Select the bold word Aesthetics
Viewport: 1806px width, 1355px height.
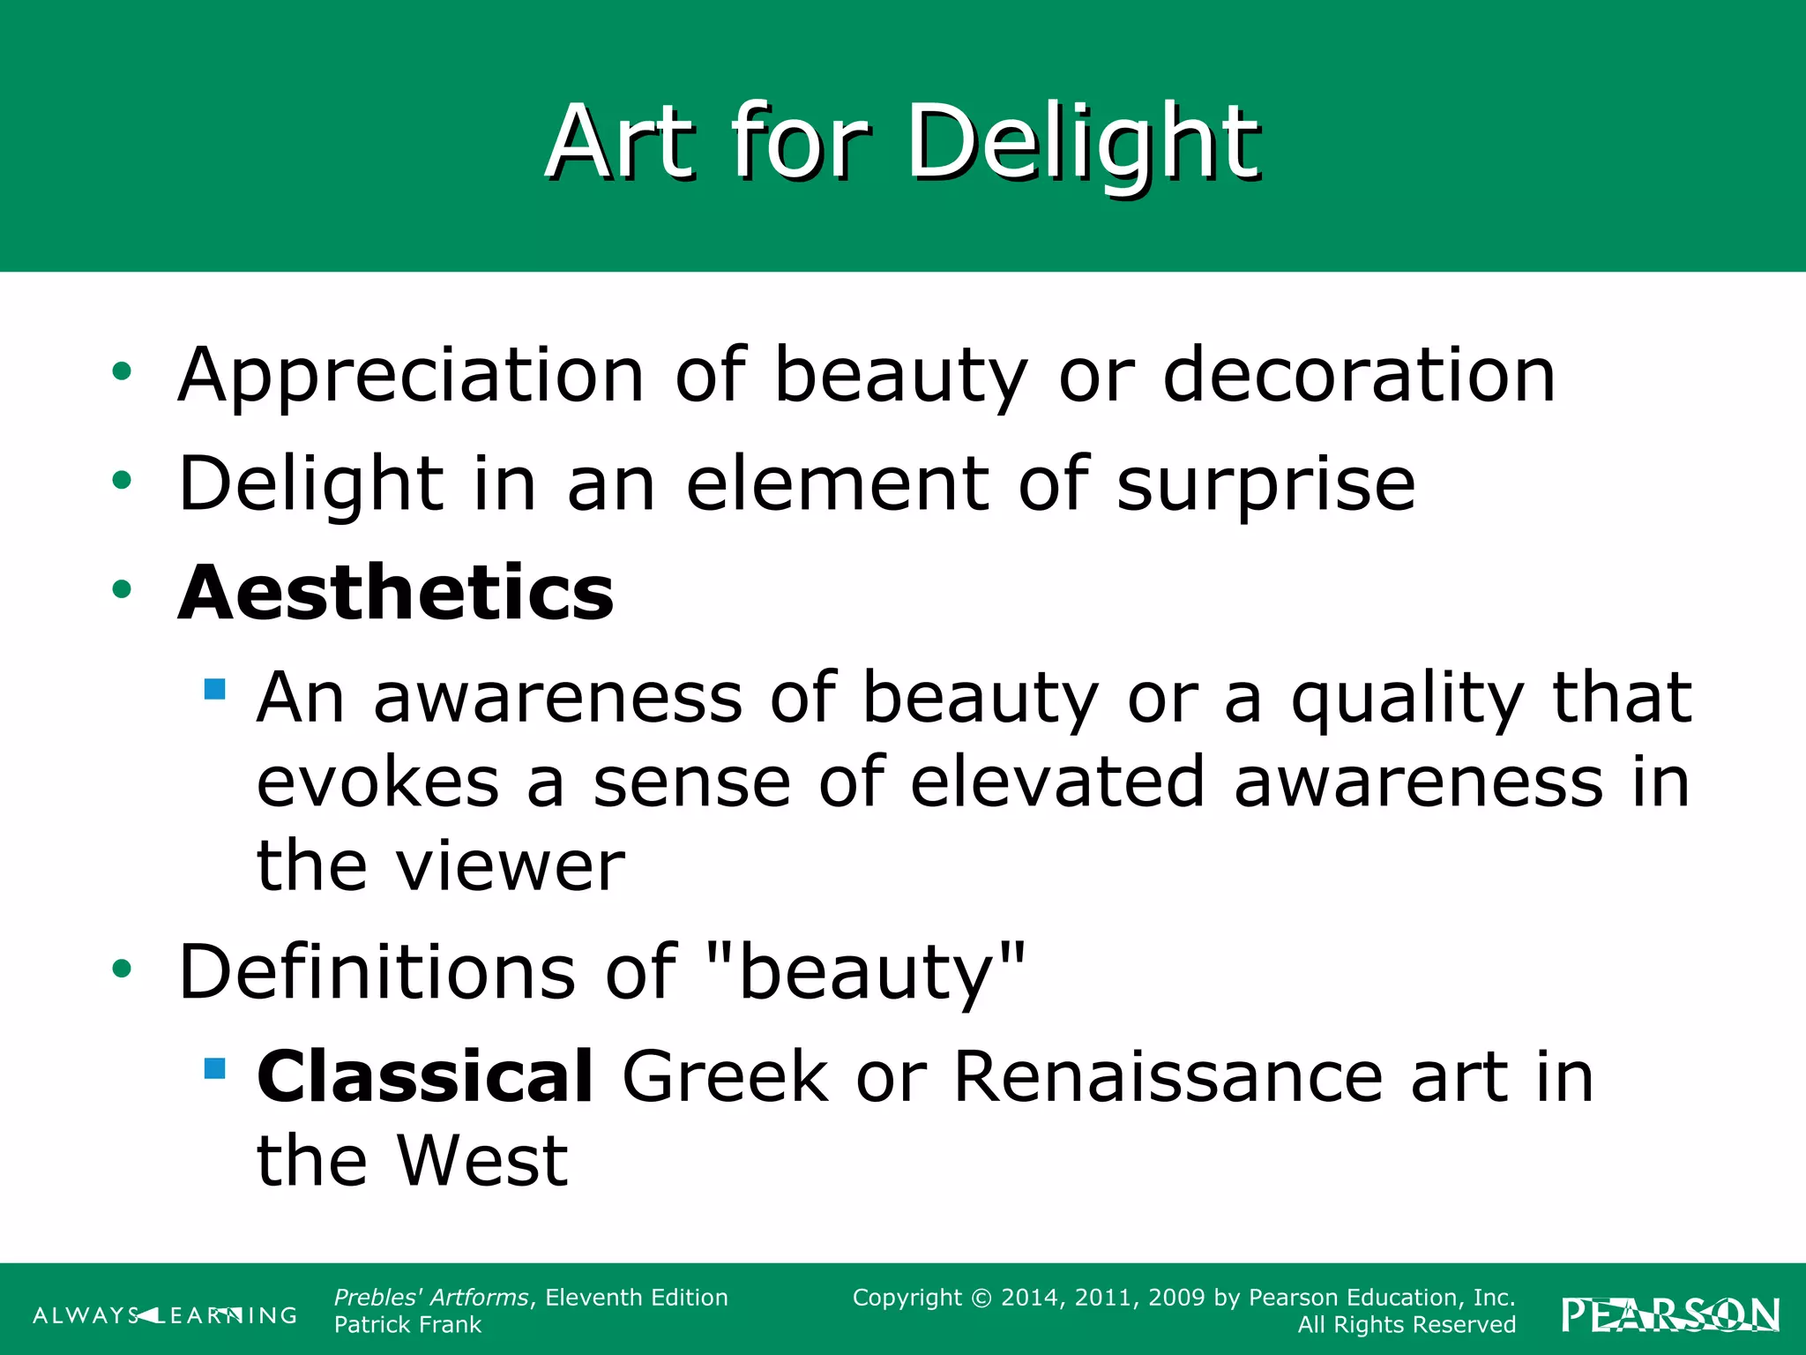tap(396, 593)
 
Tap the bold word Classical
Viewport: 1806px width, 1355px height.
tap(425, 1076)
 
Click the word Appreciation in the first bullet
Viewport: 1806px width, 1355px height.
tap(411, 376)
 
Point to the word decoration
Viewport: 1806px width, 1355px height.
tap(1359, 376)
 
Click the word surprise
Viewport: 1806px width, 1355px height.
tap(1265, 483)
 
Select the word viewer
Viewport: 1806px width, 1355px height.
tap(511, 866)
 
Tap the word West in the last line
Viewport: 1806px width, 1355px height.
tap(481, 1161)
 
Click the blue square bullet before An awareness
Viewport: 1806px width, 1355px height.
tap(214, 688)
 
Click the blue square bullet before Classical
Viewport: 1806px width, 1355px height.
tap(214, 1068)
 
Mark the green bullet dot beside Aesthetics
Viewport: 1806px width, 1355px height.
tap(122, 589)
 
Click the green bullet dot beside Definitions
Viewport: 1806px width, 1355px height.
tap(122, 969)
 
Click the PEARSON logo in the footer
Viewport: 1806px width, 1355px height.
tap(1670, 1315)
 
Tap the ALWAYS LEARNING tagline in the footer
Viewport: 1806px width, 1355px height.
tap(165, 1315)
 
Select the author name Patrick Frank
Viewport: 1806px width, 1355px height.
tap(407, 1325)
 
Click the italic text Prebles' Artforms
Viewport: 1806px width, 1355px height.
tap(431, 1298)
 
